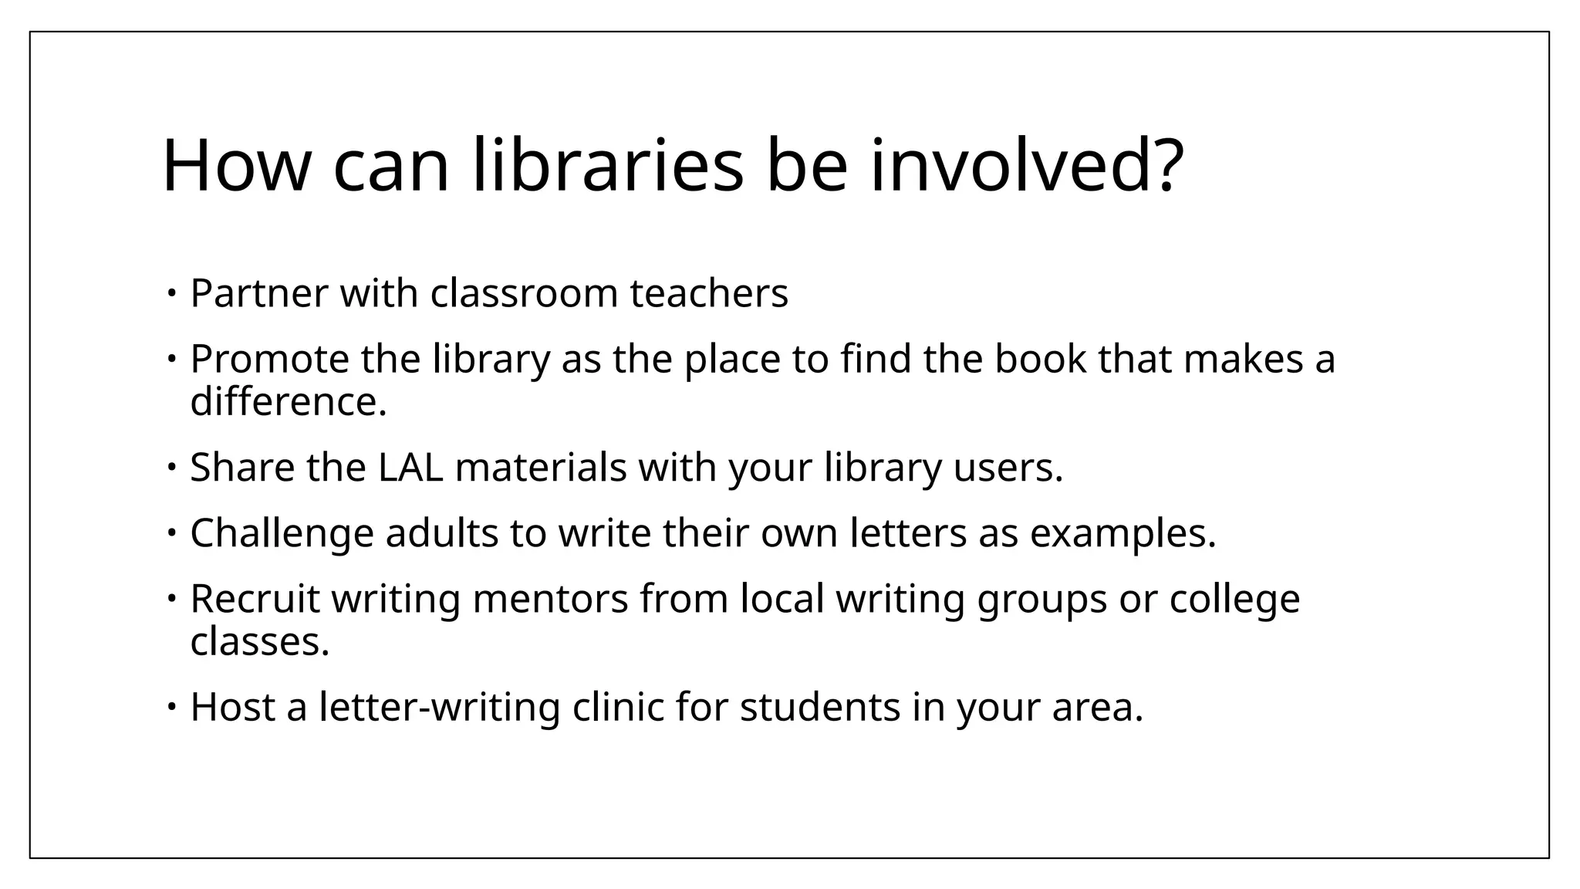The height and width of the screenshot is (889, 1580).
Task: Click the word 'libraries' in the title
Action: pyautogui.click(x=607, y=165)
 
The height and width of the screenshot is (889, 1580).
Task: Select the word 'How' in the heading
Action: pyautogui.click(x=237, y=165)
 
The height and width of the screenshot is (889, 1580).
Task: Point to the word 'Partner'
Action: pyautogui.click(x=259, y=293)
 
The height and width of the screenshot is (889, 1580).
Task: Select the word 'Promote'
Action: pyautogui.click(x=269, y=359)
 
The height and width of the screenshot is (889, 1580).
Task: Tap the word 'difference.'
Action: pyautogui.click(x=289, y=401)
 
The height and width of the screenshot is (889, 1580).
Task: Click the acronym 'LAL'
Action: pyautogui.click(x=410, y=467)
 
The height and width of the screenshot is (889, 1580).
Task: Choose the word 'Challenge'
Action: pyautogui.click(x=282, y=532)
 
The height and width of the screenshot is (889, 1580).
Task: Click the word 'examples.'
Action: pyautogui.click(x=1123, y=532)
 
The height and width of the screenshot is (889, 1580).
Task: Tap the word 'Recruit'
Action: pyautogui.click(x=255, y=598)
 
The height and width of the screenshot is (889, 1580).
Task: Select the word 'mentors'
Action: pyautogui.click(x=550, y=598)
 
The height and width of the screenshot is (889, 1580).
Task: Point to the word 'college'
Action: pyautogui.click(x=1234, y=598)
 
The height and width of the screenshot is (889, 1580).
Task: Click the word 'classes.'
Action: pyautogui.click(x=260, y=641)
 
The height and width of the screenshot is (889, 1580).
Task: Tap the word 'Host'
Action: pyautogui.click(x=233, y=706)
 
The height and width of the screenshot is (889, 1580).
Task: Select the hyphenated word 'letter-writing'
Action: pyautogui.click(x=440, y=706)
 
